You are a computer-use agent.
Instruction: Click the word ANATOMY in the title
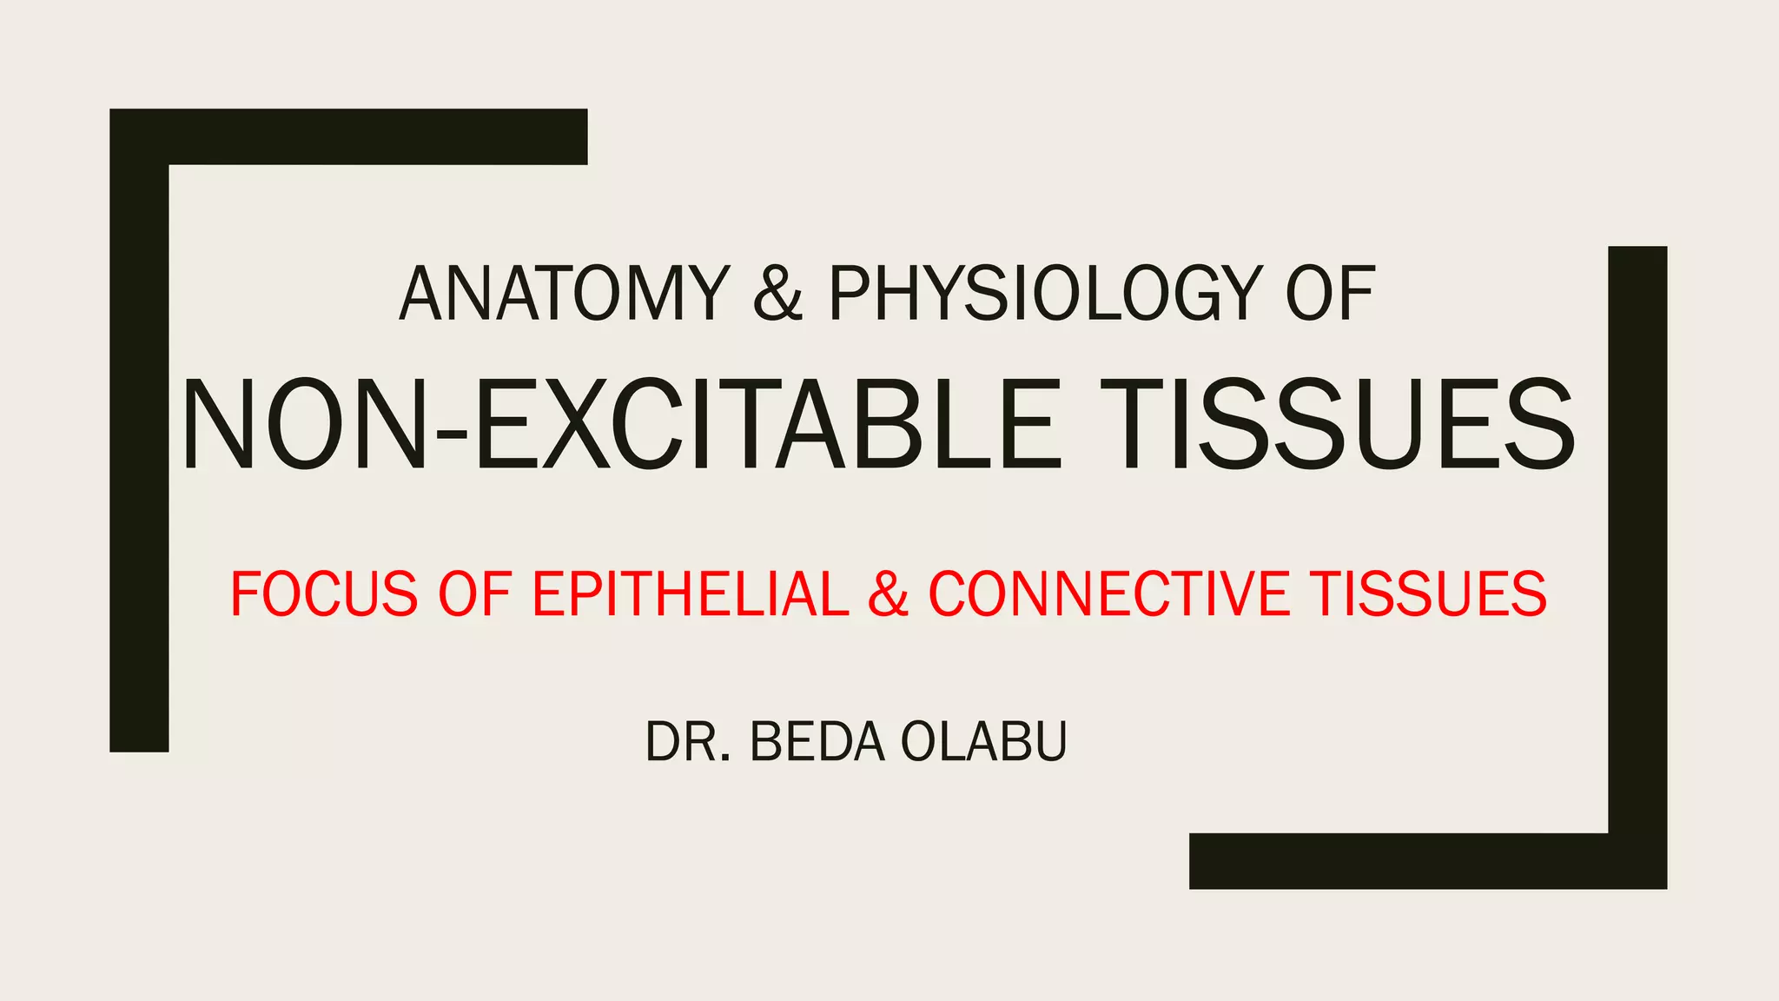[564, 294]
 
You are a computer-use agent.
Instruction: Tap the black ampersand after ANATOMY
[777, 294]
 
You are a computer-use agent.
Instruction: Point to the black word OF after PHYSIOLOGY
[1330, 294]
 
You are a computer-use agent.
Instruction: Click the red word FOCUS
[324, 594]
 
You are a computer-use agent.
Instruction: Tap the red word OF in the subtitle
[473, 594]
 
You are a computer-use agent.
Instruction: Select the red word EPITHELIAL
[691, 594]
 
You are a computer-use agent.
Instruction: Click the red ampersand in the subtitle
[888, 594]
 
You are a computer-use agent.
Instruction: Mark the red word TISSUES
[1428, 594]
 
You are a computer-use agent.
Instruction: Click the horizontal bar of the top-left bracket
[374, 136]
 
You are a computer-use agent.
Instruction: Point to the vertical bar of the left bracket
[139, 452]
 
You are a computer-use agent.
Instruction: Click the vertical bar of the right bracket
[1637, 539]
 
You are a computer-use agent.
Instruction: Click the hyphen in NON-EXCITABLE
[450, 432]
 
